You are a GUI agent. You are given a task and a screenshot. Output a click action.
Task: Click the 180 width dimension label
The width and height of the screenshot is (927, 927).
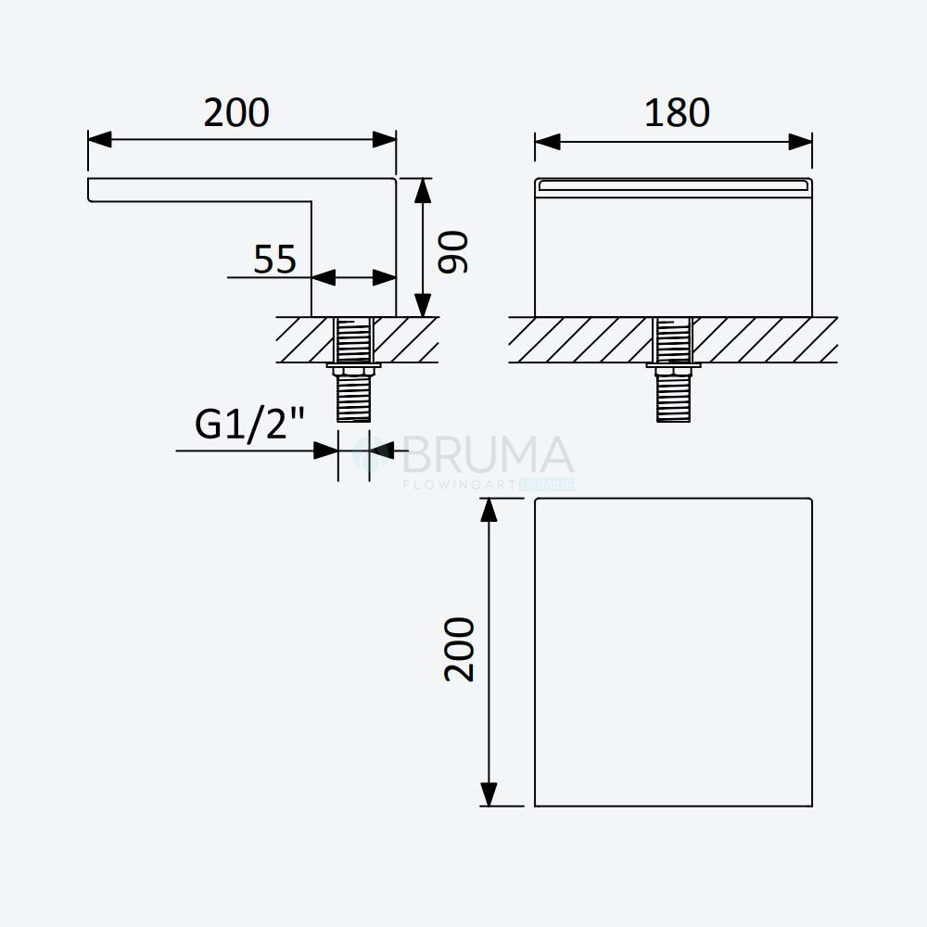tap(677, 112)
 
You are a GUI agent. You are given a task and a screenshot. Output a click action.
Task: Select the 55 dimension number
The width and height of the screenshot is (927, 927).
tap(274, 259)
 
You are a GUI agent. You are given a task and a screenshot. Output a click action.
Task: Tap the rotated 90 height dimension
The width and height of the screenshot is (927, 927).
tap(453, 252)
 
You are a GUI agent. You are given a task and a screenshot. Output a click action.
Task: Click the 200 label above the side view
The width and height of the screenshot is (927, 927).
tap(236, 112)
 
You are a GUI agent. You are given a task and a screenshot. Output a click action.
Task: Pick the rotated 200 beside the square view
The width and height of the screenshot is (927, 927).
tap(460, 650)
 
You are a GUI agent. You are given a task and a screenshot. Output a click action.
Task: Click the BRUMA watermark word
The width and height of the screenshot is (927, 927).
tap(488, 454)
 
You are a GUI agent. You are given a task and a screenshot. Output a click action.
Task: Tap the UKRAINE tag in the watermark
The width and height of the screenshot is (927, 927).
tap(547, 485)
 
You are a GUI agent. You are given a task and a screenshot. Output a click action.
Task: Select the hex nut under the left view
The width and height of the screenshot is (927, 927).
tap(353, 371)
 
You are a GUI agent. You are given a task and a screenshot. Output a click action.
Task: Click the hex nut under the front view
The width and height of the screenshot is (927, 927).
tap(673, 371)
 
